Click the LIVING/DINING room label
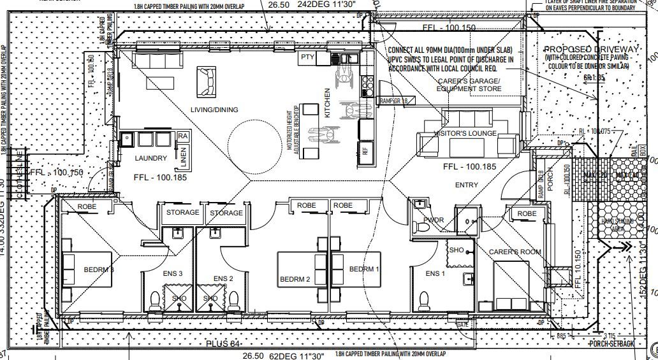coord(215,110)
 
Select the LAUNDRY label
coord(151,158)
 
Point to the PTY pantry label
coord(307,57)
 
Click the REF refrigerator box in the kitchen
coord(366,152)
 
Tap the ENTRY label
coord(467,184)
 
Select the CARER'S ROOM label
coord(515,252)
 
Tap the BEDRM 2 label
coord(295,280)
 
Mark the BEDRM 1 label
coord(364,269)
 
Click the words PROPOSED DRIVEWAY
coord(589,50)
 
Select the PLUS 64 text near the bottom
coord(223,345)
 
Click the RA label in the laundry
coord(183,136)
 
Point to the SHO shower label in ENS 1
coord(456,250)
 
